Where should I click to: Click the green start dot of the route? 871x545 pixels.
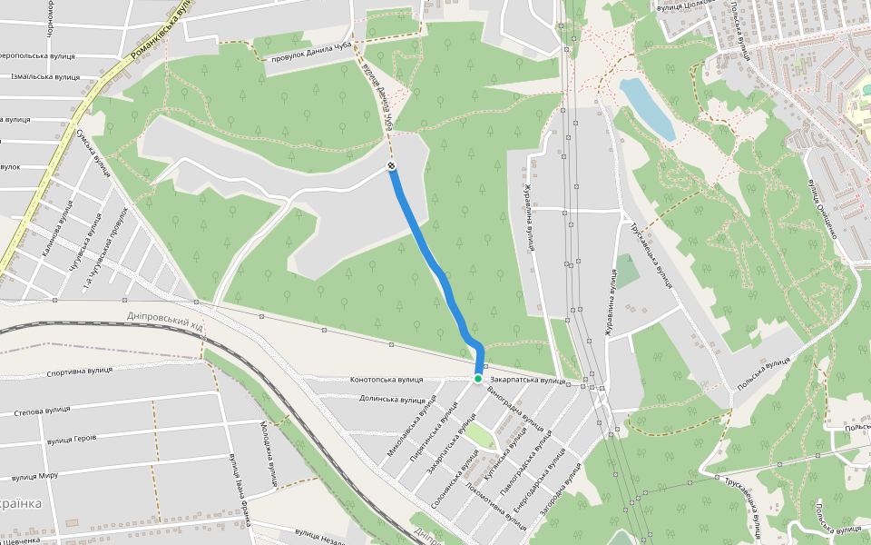(478, 378)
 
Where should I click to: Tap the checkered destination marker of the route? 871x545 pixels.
(391, 166)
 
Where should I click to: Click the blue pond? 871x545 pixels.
(648, 108)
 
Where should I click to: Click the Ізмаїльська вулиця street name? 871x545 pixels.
(45, 77)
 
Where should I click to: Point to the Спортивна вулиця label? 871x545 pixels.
(79, 372)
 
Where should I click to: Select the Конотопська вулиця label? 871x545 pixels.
(387, 379)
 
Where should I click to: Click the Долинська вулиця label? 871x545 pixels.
(392, 399)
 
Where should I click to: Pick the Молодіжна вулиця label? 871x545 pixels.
(270, 454)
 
